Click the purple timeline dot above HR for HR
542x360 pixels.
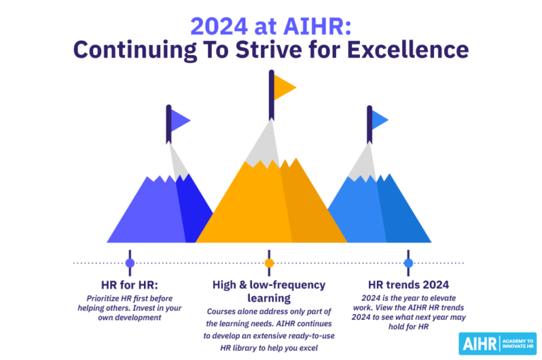[130, 263]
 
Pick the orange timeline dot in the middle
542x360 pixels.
[269, 263]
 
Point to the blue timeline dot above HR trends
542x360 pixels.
[408, 263]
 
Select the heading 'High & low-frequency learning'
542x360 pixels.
[269, 292]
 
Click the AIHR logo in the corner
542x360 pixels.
[497, 344]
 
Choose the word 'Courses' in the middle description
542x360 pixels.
[223, 311]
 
